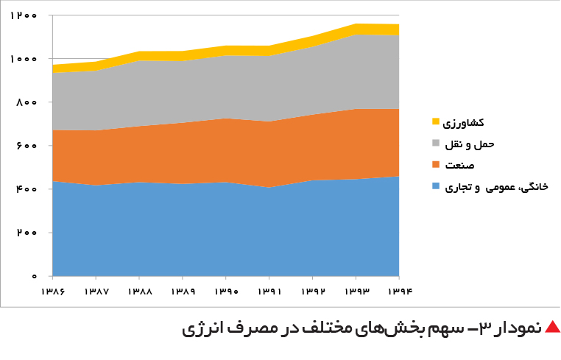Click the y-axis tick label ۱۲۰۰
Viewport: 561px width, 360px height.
(x=24, y=15)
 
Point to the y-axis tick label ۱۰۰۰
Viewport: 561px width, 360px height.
(x=24, y=59)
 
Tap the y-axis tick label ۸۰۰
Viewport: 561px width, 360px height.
(x=27, y=102)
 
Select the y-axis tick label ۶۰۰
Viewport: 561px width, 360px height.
(x=27, y=146)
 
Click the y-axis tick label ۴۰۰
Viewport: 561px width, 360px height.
(x=27, y=189)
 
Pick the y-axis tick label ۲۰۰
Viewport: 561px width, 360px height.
(x=27, y=233)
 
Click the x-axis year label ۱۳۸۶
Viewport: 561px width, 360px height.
(x=53, y=292)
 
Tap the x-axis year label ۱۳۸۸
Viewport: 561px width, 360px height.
(x=140, y=292)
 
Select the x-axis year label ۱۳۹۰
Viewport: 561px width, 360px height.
(x=227, y=292)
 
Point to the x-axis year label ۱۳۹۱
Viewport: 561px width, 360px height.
(x=269, y=292)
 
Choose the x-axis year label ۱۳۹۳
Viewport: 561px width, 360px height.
(x=357, y=292)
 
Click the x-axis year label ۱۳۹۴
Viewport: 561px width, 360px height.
(x=400, y=292)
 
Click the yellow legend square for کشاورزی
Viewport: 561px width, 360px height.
(x=435, y=121)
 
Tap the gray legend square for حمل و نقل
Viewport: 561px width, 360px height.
(x=435, y=143)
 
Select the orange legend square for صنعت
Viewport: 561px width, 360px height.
(x=435, y=164)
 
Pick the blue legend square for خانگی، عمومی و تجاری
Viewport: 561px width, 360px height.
(x=435, y=186)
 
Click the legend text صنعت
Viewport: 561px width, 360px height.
(x=459, y=165)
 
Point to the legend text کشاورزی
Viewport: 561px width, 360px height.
(x=463, y=123)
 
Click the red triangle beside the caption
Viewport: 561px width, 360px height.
(x=552, y=327)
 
